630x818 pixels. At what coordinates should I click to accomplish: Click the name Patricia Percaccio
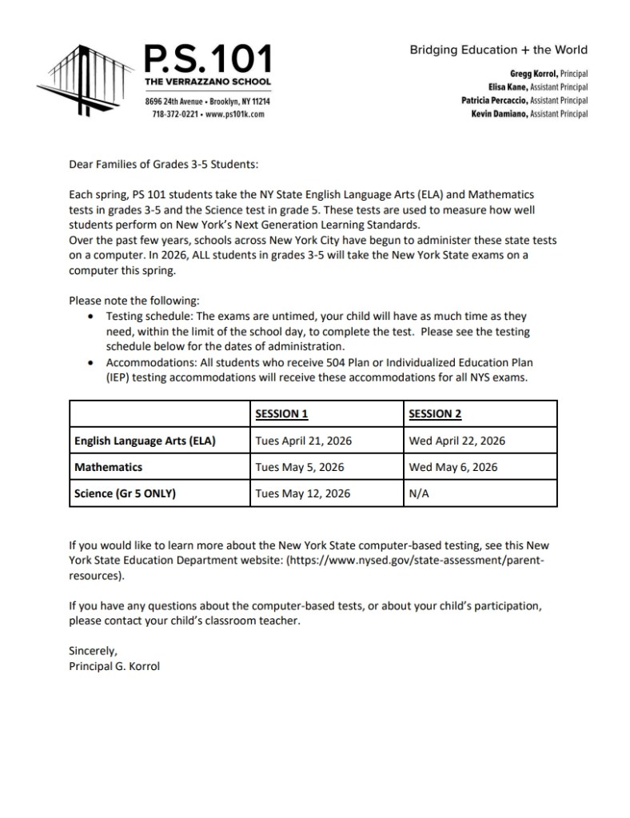pos(495,101)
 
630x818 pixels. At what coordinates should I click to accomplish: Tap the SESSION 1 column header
pos(281,413)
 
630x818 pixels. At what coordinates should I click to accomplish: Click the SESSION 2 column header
pos(435,413)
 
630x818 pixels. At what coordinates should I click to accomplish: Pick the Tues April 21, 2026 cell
pos(303,441)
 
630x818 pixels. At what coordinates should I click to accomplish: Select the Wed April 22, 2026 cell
pos(457,441)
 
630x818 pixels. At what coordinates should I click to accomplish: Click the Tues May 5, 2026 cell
pos(299,467)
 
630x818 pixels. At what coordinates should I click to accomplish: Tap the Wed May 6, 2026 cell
pos(453,467)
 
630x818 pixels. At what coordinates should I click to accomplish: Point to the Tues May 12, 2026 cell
pos(302,493)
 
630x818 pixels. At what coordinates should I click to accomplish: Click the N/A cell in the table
pos(419,493)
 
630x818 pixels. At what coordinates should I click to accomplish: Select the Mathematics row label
pos(108,467)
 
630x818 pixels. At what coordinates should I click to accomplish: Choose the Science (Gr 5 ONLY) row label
pos(125,493)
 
